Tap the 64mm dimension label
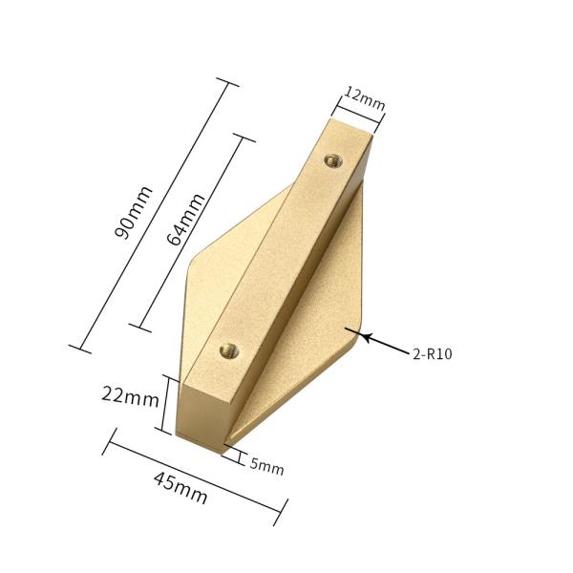(x=186, y=220)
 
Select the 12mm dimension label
(x=364, y=97)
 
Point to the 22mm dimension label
(x=130, y=396)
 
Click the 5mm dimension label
(x=266, y=466)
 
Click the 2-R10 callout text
(x=433, y=354)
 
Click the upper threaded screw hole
(x=332, y=159)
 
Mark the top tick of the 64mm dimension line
(x=245, y=140)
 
